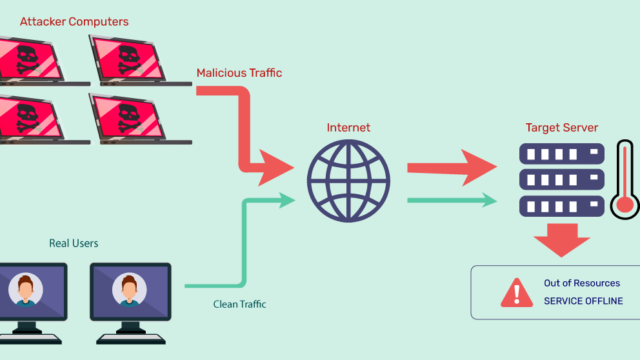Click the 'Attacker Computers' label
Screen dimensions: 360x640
tap(74, 22)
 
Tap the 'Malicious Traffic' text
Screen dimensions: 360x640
tap(239, 73)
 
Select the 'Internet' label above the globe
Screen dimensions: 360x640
tap(348, 128)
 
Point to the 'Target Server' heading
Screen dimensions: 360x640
tap(561, 128)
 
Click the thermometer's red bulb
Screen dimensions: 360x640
tap(625, 205)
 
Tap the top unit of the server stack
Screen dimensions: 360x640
tap(561, 154)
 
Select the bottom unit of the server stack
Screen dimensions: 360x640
tap(561, 206)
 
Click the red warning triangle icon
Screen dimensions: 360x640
tap(516, 293)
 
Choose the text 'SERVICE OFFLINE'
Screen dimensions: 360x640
tap(583, 301)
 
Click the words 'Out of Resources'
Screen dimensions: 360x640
tap(582, 283)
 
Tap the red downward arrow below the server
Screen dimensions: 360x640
tap(561, 240)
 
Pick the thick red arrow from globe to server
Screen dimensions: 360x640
tap(452, 168)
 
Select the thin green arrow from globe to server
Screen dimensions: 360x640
tap(452, 201)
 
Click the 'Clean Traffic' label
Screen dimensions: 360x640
tap(239, 304)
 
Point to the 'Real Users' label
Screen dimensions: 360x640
tap(74, 243)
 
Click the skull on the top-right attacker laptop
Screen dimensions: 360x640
tap(128, 57)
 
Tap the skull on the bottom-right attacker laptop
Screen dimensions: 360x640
tap(128, 116)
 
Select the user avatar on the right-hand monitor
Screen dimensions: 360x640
tap(129, 290)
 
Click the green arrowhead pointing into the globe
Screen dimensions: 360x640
tap(288, 199)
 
